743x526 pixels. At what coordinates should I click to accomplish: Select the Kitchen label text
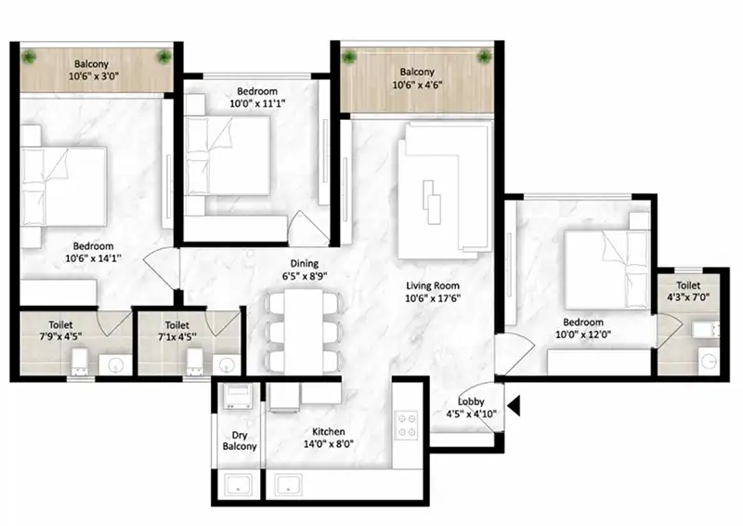pos(329,431)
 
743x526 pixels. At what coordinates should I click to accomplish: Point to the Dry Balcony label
pos(240,440)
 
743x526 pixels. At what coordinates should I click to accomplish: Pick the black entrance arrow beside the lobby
pos(513,405)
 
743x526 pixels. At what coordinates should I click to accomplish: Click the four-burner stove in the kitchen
pos(407,425)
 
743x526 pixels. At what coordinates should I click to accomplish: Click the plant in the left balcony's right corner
pos(164,59)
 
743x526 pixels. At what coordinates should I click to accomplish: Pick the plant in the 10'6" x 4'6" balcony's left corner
pos(350,58)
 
